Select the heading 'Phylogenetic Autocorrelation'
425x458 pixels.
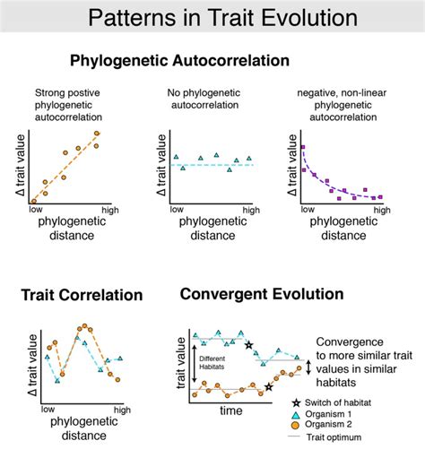click(179, 61)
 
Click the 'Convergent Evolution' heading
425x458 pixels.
click(262, 293)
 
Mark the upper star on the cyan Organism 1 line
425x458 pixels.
click(248, 344)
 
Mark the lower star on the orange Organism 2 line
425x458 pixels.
click(269, 387)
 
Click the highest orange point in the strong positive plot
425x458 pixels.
click(96, 134)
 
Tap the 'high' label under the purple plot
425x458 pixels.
click(381, 209)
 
